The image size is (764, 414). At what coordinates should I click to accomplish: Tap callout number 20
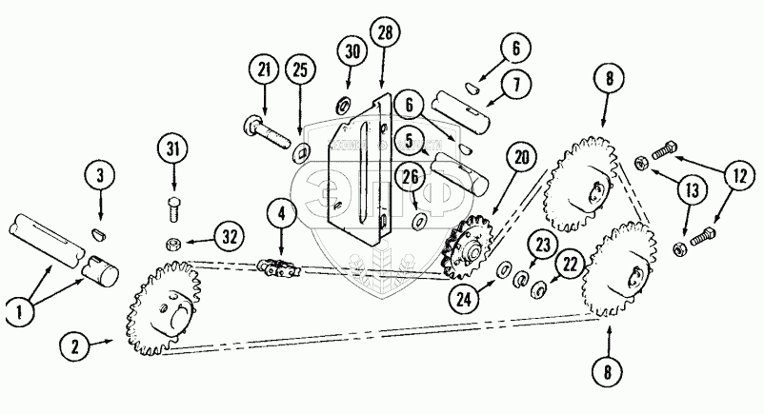click(519, 156)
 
